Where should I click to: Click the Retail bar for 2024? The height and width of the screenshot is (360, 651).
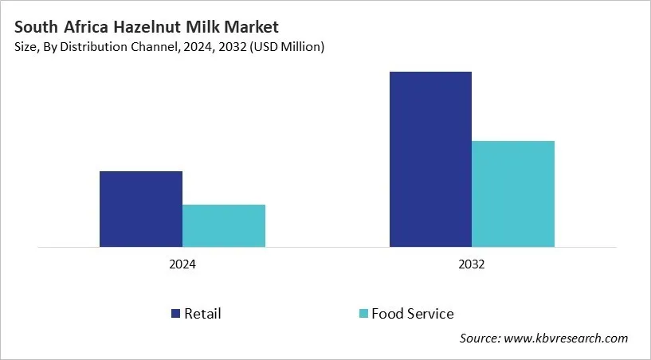[x=140, y=209]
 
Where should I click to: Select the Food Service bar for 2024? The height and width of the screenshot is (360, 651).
[x=224, y=225]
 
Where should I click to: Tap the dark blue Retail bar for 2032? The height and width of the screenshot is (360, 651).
[x=430, y=159]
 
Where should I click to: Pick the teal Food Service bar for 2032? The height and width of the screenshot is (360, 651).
[x=513, y=194]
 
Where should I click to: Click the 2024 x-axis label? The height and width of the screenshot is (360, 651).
[x=182, y=264]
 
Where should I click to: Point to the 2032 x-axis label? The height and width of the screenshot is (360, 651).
[x=472, y=264]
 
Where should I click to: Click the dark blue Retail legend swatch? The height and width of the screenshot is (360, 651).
[x=175, y=314]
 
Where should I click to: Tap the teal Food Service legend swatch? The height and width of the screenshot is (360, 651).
[x=363, y=314]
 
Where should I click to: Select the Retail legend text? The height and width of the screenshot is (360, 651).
[x=202, y=314]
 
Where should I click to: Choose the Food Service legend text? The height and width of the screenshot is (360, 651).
[x=412, y=314]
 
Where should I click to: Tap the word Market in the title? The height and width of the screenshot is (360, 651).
[x=250, y=27]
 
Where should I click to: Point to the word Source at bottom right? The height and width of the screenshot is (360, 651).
[x=480, y=338]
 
